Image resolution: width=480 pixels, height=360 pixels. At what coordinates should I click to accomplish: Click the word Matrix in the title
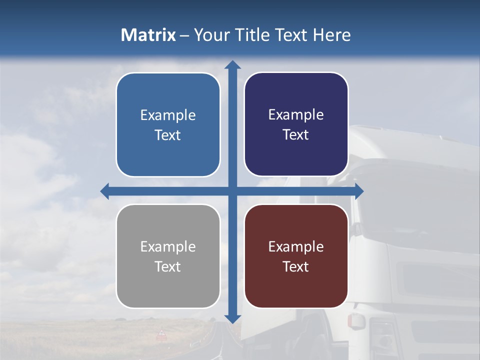pos(148,34)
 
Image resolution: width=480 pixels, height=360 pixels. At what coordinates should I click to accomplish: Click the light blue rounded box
pos(168,124)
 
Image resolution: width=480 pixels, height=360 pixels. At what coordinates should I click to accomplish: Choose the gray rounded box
pos(168,256)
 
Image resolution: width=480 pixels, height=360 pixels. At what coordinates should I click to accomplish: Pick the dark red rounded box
pos(296,256)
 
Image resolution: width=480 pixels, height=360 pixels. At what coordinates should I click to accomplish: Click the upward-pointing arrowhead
pos(232,65)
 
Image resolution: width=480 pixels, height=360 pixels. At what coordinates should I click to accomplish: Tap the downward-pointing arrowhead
pos(232,318)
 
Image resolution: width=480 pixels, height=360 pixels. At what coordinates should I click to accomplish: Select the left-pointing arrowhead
pos(105,191)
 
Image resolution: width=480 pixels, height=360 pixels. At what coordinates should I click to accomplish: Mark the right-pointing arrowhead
pos(358,191)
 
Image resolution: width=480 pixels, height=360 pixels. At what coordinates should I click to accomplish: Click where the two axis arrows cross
pos(232,191)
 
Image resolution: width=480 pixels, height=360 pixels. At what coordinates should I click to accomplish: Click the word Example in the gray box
pos(168,246)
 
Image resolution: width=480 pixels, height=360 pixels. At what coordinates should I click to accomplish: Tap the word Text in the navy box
pos(296,134)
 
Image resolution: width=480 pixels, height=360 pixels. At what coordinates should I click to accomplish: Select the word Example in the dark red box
pos(296,246)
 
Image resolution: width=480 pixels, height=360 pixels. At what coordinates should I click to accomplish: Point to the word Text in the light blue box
pos(168,135)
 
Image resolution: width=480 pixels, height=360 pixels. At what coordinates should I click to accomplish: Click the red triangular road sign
pos(161,333)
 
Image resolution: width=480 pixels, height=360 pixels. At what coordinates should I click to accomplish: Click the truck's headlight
pos(383,335)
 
